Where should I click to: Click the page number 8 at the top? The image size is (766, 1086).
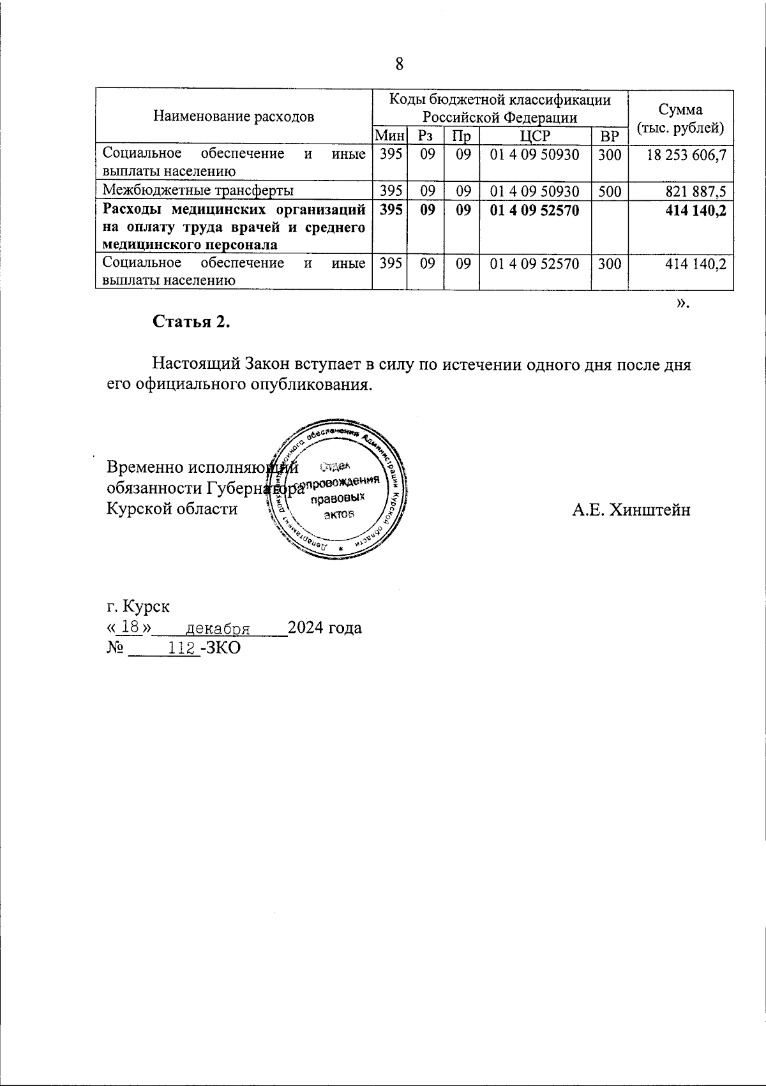[x=400, y=64]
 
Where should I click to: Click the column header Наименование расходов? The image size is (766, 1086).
[x=234, y=117]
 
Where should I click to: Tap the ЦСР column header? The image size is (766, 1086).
[x=535, y=136]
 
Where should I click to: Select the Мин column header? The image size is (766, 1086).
[x=389, y=136]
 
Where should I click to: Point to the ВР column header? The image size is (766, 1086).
[x=610, y=136]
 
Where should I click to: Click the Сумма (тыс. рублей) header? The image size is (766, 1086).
[x=681, y=118]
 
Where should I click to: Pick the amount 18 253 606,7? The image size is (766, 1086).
[x=686, y=155]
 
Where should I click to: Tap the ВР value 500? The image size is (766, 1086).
[x=610, y=191]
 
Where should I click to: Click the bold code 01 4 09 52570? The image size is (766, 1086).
[x=534, y=210]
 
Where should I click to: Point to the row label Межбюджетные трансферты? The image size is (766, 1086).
[x=199, y=191]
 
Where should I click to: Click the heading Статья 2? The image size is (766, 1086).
[x=191, y=322]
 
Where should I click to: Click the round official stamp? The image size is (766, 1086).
[x=338, y=489]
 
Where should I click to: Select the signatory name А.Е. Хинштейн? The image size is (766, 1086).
[x=631, y=510]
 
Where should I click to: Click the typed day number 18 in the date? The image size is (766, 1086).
[x=130, y=627]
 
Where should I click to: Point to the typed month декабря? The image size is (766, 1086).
[x=216, y=629]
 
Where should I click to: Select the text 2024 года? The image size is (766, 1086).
[x=325, y=628]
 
